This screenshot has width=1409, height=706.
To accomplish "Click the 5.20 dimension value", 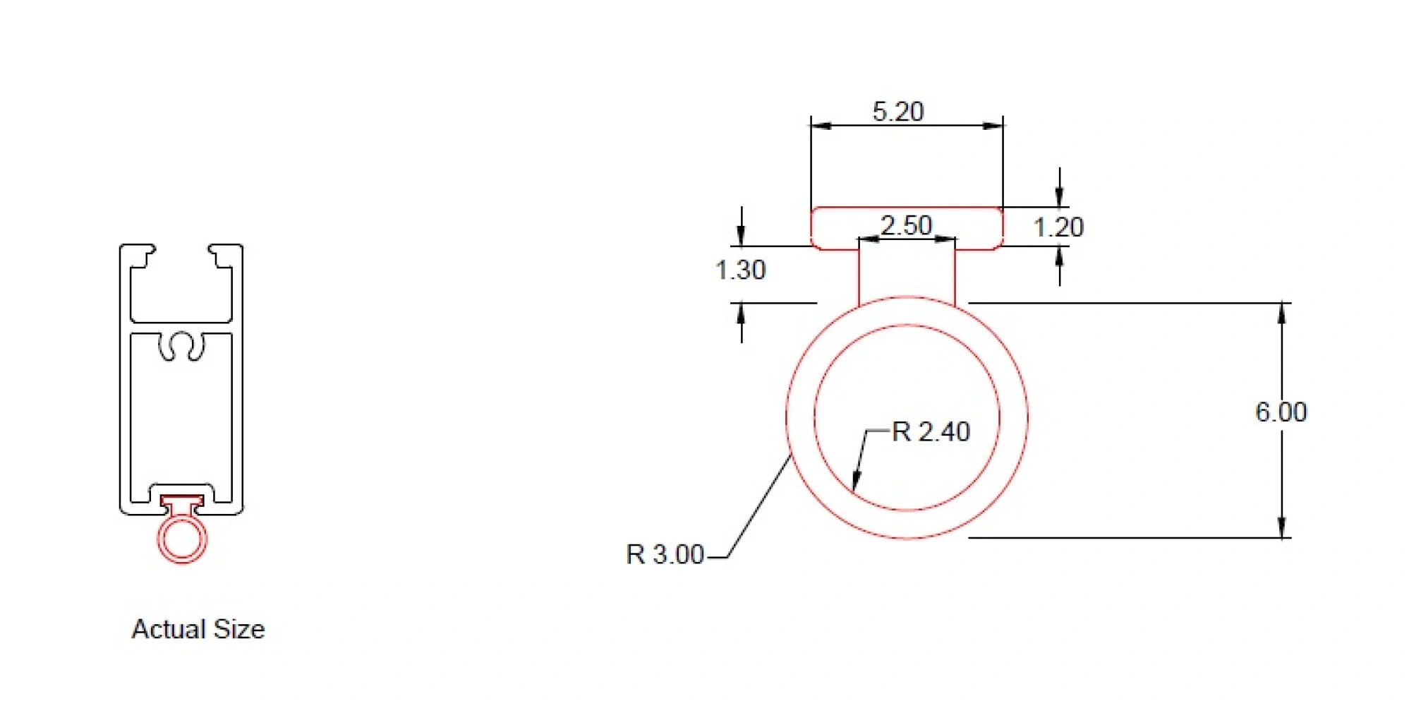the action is [897, 112].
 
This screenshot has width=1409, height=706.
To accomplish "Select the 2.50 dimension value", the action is [906, 225].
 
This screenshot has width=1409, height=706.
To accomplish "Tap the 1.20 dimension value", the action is [1058, 227].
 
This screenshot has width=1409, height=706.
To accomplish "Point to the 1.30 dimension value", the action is [740, 270].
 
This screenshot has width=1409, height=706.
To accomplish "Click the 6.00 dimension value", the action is [1281, 412].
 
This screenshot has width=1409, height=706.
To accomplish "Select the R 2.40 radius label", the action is [931, 431].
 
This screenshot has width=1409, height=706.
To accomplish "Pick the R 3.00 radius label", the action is [665, 554].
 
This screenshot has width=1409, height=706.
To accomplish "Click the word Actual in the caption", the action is [169, 629].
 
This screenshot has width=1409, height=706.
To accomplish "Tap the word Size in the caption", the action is [239, 629].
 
